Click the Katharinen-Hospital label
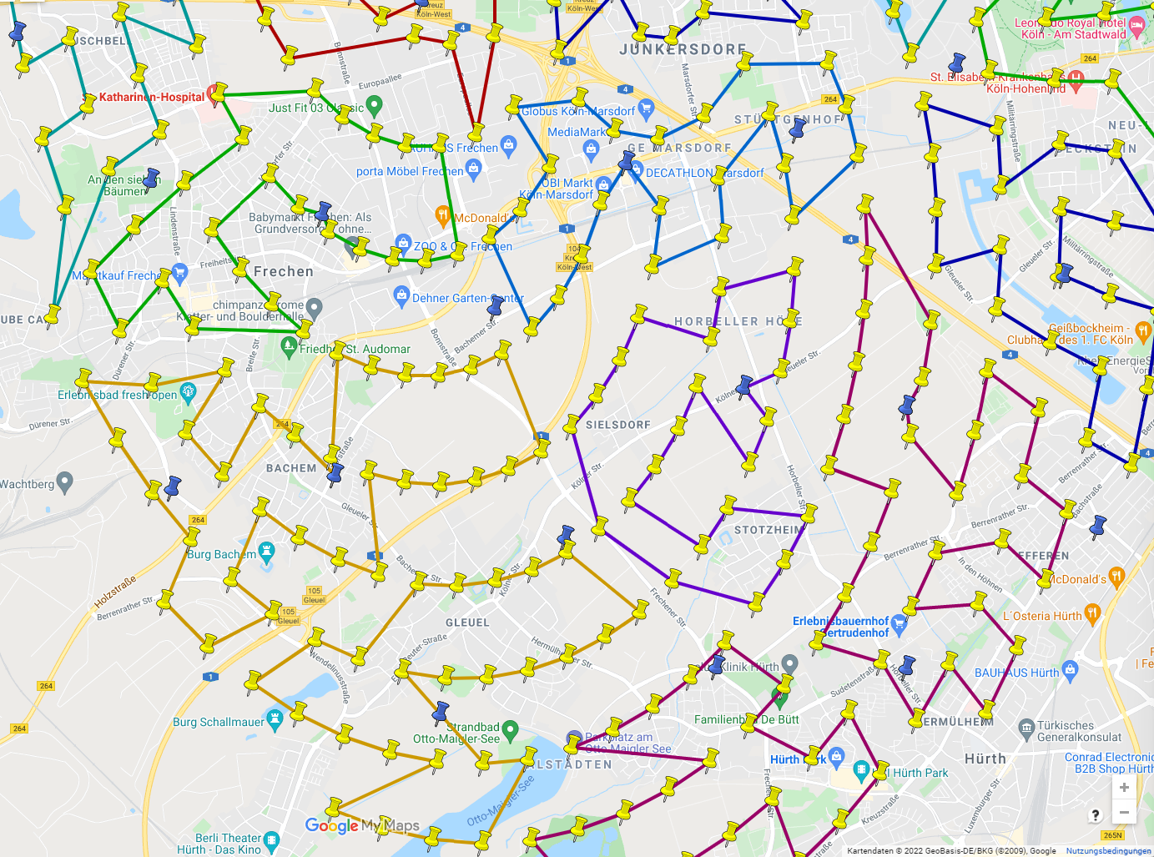tap(151, 97)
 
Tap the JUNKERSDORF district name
tap(683, 50)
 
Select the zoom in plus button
tap(1124, 788)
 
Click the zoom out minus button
tap(1124, 812)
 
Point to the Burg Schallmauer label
tap(219, 722)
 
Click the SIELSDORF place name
tap(618, 425)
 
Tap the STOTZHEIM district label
tap(768, 530)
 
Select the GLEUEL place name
tap(467, 623)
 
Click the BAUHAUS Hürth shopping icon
tap(1071, 669)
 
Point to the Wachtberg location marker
tap(64, 481)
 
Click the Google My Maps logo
tap(362, 825)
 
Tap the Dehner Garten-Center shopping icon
tap(401, 295)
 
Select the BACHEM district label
tap(291, 468)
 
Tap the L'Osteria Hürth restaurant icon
tap(1092, 614)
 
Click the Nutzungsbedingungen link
tap(1108, 851)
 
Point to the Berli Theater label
tap(228, 838)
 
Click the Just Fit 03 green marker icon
tap(374, 105)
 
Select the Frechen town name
tap(284, 271)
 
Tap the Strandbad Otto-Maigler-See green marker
tap(511, 728)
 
